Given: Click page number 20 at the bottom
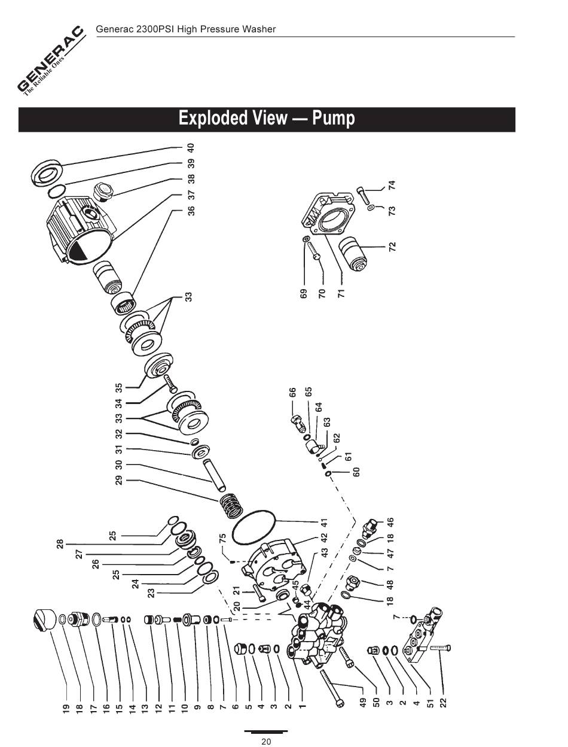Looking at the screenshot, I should pyautogui.click(x=266, y=742).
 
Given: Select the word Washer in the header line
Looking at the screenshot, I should pyautogui.click(x=261, y=29).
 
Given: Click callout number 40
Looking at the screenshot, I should pyautogui.click(x=191, y=147).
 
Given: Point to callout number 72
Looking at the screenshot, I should pyautogui.click(x=392, y=246).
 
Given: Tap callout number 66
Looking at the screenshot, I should pyautogui.click(x=292, y=393).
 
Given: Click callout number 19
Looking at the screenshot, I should pyautogui.click(x=66, y=710).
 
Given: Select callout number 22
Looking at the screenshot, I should pyautogui.click(x=443, y=703).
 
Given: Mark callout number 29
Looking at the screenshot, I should pyautogui.click(x=118, y=479).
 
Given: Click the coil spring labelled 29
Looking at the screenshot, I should pyautogui.click(x=231, y=505).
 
